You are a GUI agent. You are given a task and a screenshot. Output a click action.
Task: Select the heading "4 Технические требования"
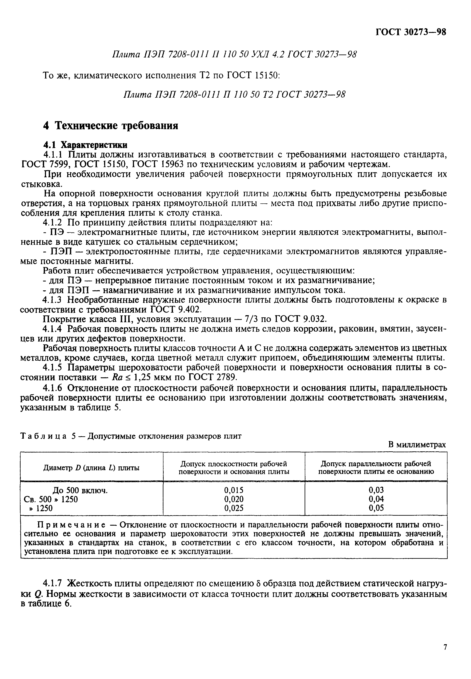(111, 126)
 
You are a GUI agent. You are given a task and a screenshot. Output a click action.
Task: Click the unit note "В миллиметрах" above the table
(417, 445)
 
